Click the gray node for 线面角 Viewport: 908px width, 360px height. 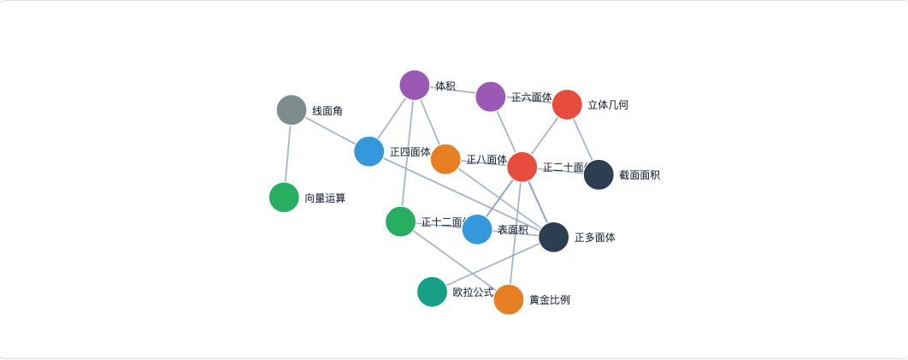click(x=292, y=110)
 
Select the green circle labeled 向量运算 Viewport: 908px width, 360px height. click(x=284, y=198)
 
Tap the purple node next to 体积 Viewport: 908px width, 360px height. click(x=415, y=86)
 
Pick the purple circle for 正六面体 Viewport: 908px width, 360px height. click(x=491, y=97)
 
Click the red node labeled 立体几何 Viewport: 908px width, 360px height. click(x=567, y=104)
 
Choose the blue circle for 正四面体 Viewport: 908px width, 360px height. click(x=369, y=151)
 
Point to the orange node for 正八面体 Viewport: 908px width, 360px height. click(x=445, y=159)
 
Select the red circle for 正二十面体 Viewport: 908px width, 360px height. click(x=522, y=167)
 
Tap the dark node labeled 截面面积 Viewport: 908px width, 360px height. click(x=598, y=174)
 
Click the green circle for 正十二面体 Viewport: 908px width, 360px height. click(x=400, y=221)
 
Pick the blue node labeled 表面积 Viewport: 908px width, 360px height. click(x=477, y=229)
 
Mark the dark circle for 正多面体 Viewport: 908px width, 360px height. click(x=553, y=237)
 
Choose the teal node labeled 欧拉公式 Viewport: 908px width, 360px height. click(x=432, y=292)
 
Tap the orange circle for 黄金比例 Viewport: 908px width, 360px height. click(x=509, y=299)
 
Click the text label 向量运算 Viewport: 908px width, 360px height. click(x=325, y=198)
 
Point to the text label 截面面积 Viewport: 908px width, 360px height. click(x=640, y=175)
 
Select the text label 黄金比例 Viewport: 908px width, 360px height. click(x=550, y=300)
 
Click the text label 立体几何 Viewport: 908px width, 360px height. click(x=608, y=105)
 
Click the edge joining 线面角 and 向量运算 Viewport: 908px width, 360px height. click(x=288, y=154)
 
